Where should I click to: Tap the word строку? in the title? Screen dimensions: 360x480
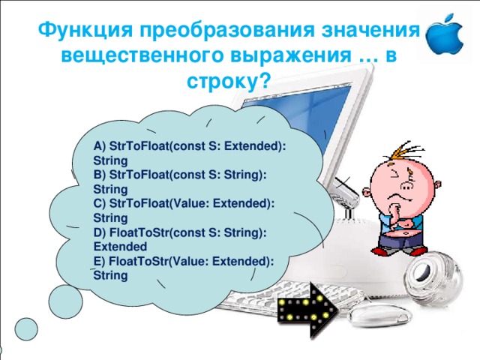229,79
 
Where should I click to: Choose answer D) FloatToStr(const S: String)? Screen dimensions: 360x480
181,233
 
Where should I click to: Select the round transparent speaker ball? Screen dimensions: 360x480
435,280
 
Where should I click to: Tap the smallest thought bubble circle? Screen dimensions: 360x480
26,327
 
